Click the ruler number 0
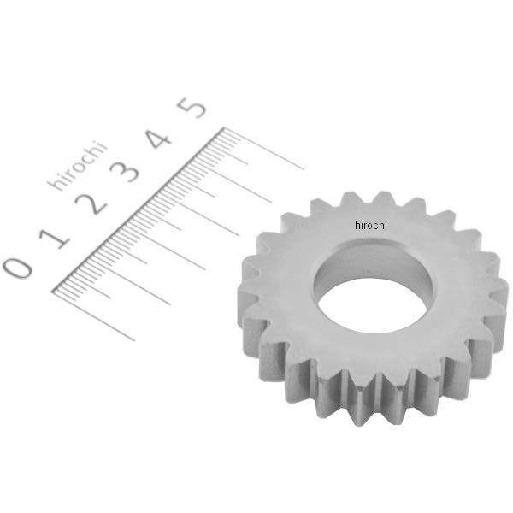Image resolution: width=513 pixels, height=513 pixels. [x=18, y=268]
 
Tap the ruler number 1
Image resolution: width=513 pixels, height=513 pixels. [x=55, y=239]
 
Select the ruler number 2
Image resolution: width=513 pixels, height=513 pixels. [x=91, y=204]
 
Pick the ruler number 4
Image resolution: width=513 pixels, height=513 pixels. [x=158, y=139]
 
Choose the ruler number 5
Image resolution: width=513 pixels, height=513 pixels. [x=192, y=108]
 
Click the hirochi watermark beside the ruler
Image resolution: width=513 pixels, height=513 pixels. [x=78, y=165]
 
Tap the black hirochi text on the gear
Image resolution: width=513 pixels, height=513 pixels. [x=371, y=225]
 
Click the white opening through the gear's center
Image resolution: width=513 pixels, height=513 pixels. [x=373, y=306]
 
